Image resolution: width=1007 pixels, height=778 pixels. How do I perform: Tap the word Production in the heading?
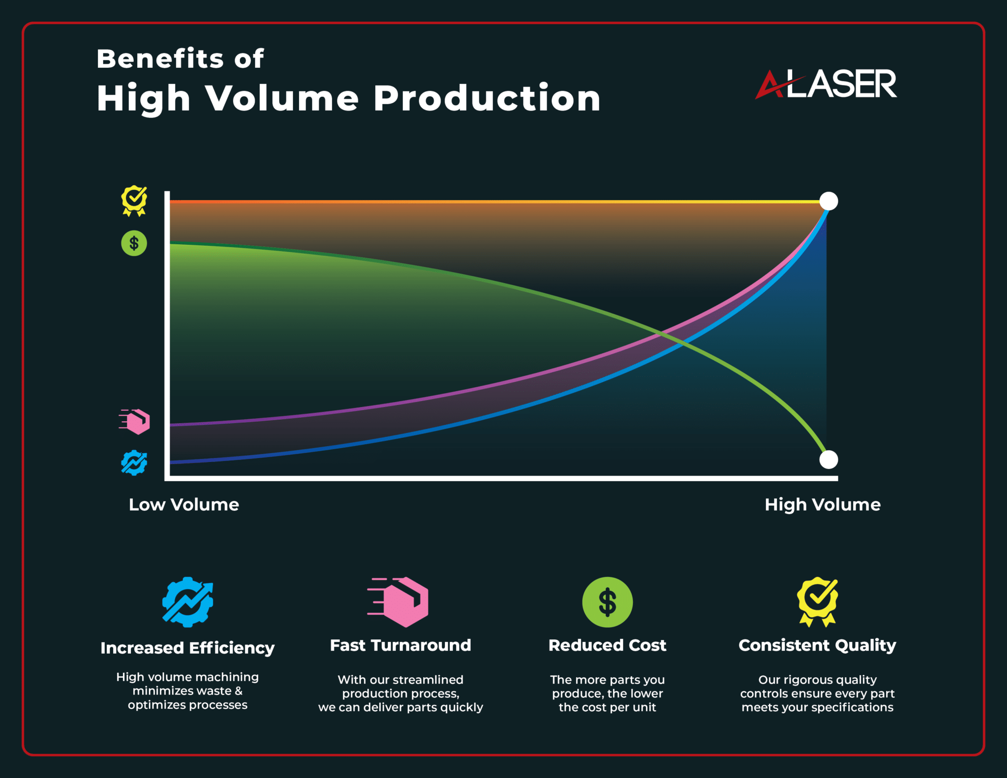coord(487,98)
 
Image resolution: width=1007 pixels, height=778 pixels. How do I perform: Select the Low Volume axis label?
coord(184,505)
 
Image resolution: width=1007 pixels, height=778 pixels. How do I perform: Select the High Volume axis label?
coord(823,505)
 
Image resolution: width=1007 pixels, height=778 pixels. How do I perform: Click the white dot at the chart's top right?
coord(829,201)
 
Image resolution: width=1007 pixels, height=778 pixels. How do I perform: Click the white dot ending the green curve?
coord(829,460)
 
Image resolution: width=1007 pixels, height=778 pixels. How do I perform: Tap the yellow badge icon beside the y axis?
coord(134,200)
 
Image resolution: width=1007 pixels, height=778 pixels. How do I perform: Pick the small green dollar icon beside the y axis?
coord(134,243)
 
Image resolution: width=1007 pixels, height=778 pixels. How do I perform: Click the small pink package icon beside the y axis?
coord(136,422)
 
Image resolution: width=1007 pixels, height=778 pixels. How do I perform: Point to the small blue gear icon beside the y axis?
coord(134,463)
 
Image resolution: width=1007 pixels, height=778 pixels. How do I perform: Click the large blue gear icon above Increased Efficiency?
coord(188,602)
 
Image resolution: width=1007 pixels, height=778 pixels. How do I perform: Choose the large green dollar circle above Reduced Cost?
coord(607,602)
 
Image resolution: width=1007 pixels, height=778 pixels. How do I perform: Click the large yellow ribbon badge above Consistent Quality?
coord(817,601)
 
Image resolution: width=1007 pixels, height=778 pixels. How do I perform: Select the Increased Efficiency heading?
coord(187,648)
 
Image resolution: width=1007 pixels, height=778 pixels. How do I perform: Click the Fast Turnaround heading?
coord(401,645)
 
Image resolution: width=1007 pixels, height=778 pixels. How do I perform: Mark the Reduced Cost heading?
coord(607,645)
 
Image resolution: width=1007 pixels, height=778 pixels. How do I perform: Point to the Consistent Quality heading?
coord(817,645)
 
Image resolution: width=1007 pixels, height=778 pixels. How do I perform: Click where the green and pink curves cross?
coord(661,334)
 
